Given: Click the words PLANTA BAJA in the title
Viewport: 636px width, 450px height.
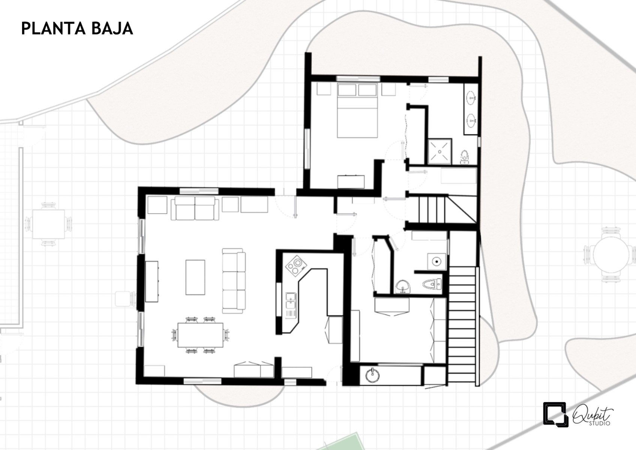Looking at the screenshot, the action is tap(77, 28).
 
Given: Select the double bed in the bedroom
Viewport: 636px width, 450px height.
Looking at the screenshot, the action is tap(357, 110).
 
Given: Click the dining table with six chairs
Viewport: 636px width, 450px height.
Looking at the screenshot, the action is tap(201, 335).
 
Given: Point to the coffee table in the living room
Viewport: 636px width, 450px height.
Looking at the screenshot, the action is tap(195, 277).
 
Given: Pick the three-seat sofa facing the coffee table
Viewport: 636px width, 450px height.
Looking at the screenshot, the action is tap(233, 280).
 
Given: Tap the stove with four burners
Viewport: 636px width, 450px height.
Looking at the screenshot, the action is tap(296, 265).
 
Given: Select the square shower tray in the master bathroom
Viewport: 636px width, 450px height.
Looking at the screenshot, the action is tap(440, 151).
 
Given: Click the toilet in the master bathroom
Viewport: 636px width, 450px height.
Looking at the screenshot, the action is tap(464, 157).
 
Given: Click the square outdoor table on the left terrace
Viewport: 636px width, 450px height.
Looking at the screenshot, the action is tap(49, 224).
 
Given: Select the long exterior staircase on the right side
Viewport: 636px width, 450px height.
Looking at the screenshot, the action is tap(462, 326).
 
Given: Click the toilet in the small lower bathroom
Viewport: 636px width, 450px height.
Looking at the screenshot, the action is tap(432, 283).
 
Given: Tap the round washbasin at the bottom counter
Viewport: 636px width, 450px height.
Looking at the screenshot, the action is tap(372, 375).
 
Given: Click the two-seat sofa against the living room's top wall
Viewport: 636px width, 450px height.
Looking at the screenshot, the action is tap(195, 208).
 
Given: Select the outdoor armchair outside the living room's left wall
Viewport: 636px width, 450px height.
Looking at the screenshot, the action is tap(125, 299).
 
